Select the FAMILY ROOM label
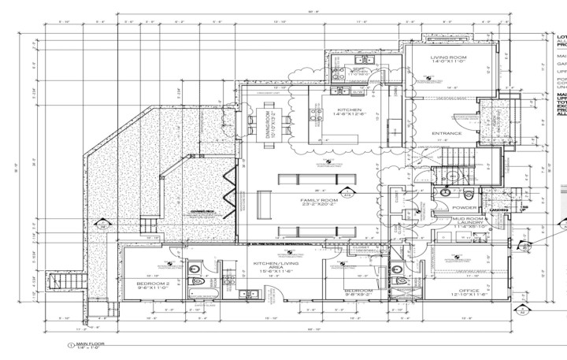[x=319, y=202]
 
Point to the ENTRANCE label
[x=446, y=134]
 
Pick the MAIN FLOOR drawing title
[x=92, y=344]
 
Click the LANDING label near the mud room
[x=498, y=210]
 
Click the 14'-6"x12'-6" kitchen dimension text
[x=350, y=115]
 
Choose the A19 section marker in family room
[x=346, y=191]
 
